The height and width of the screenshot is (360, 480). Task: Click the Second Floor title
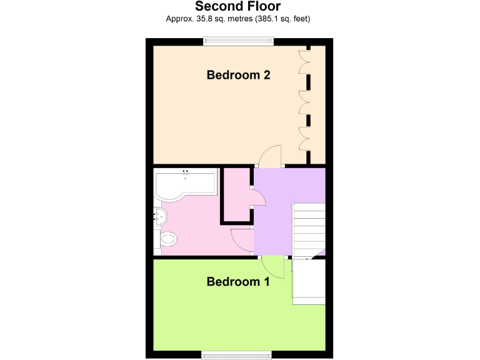point(238,6)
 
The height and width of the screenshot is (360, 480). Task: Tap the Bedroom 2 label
point(238,75)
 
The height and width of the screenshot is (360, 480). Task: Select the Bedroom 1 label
point(238,282)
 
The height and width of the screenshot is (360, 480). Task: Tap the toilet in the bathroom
point(168,240)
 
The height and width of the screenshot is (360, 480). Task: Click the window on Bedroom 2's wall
point(238,42)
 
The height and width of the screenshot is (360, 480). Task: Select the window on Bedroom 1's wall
point(237,355)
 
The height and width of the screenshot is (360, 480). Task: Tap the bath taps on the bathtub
point(186,172)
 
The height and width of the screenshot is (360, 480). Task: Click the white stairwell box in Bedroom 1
point(309,282)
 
